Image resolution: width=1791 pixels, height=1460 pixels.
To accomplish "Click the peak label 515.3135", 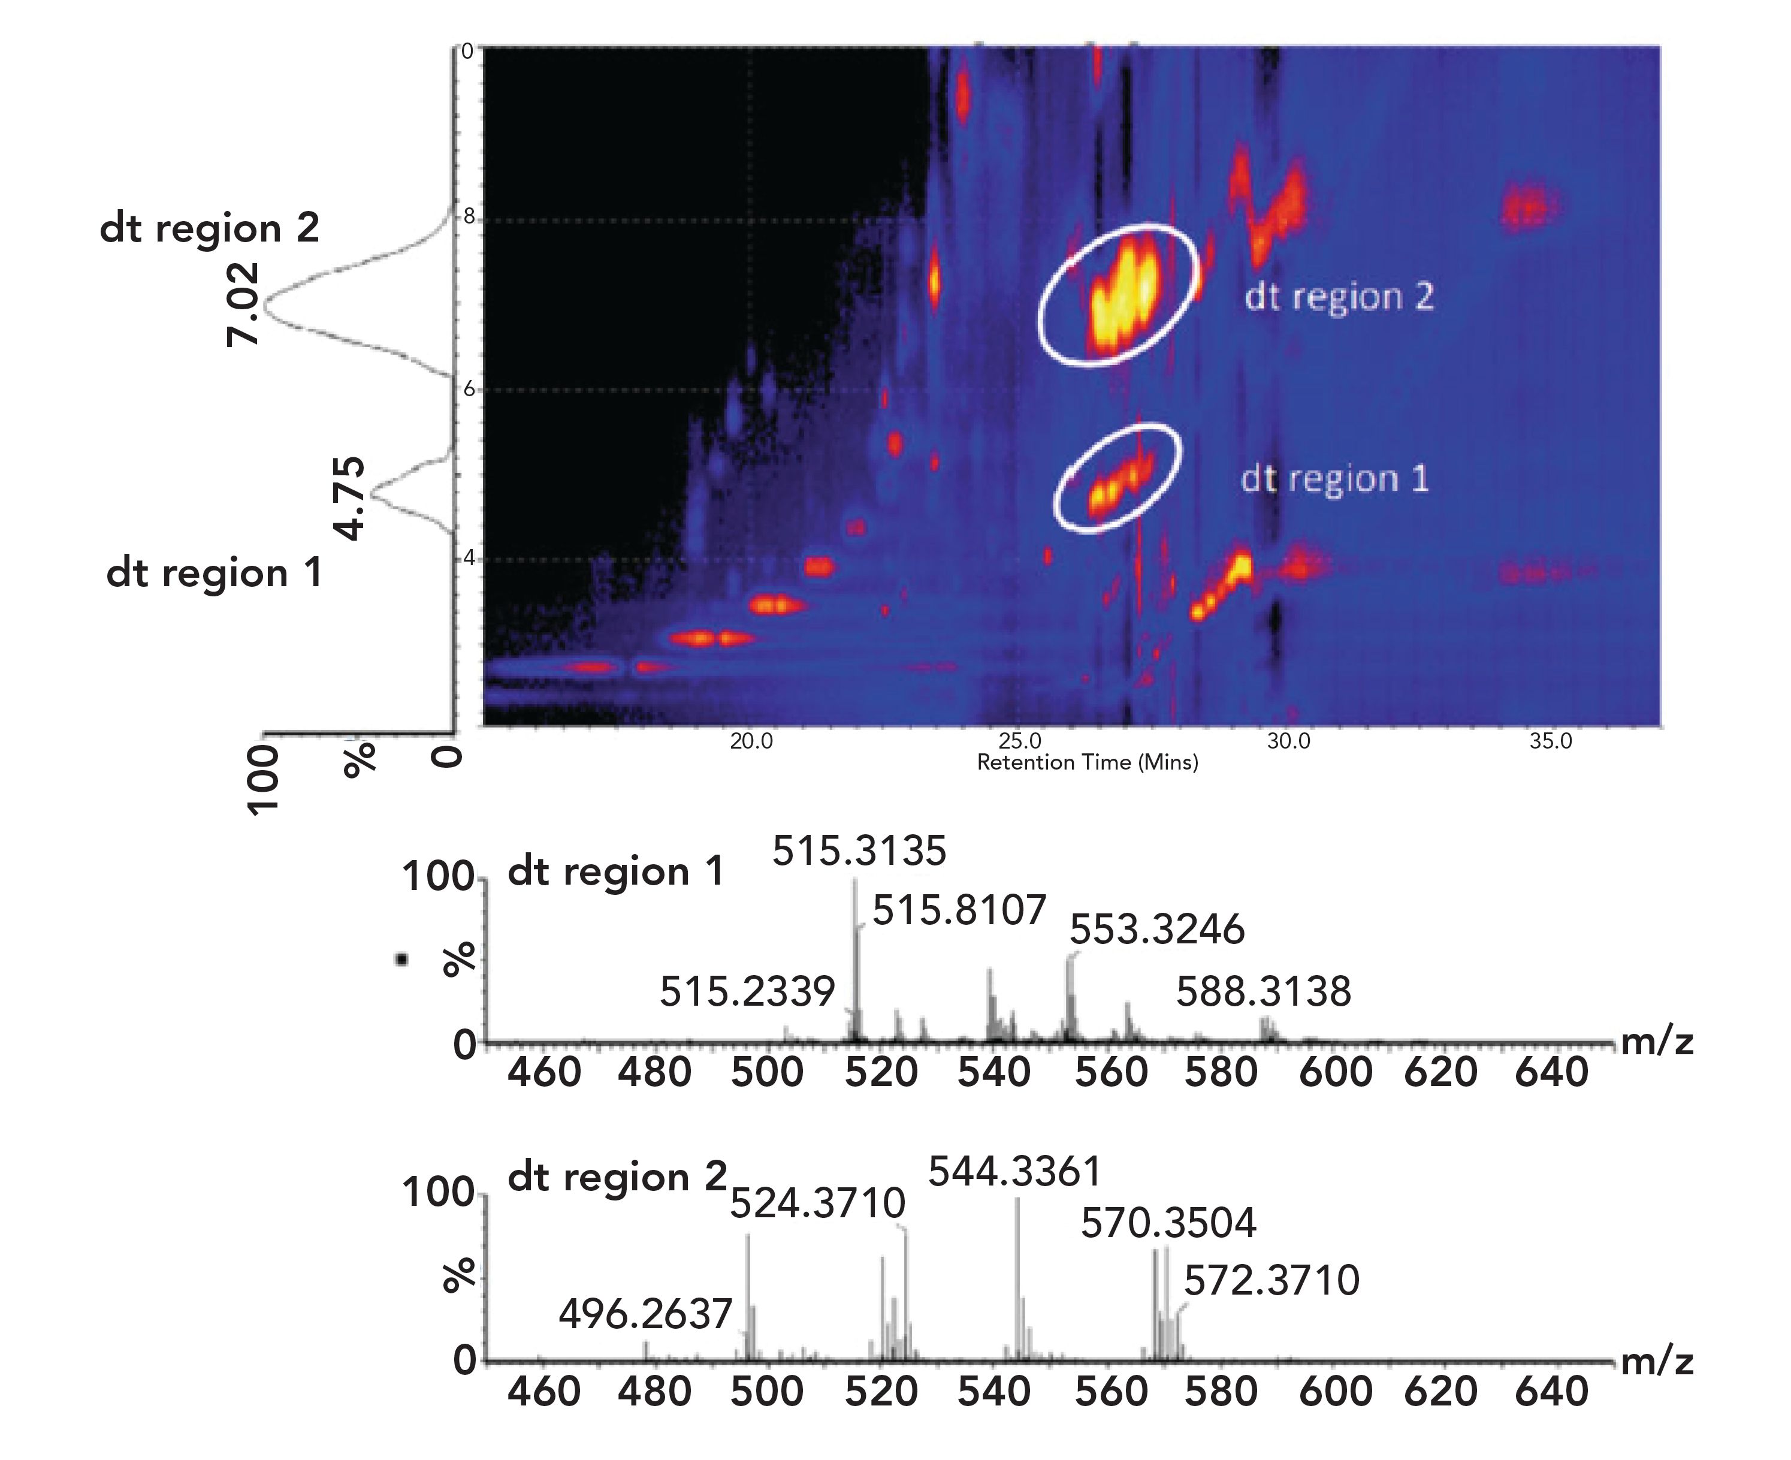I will pos(859,851).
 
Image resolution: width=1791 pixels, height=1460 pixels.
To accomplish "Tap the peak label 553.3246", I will pos(1157,930).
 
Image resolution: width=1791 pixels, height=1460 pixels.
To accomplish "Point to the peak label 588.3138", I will pos(1263,993).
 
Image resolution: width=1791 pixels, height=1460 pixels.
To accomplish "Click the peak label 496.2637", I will pos(646,1314).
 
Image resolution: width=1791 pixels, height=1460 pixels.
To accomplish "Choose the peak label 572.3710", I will pos(1271,1281).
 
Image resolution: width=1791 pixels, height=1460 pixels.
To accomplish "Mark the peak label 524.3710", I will pos(817,1203).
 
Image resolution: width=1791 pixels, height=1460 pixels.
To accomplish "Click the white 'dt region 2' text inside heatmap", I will pos(1339,297).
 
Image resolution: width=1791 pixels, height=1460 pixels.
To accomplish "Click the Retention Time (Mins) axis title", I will pos(1087,763).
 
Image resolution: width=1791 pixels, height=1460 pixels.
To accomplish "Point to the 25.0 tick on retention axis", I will pos(1019,741).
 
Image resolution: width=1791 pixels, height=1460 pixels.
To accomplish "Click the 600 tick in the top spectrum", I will pos(1335,1072).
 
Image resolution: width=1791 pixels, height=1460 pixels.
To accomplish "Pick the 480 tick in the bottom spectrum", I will pos(654,1391).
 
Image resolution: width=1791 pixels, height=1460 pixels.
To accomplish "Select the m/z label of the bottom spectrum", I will pos(1656,1361).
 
